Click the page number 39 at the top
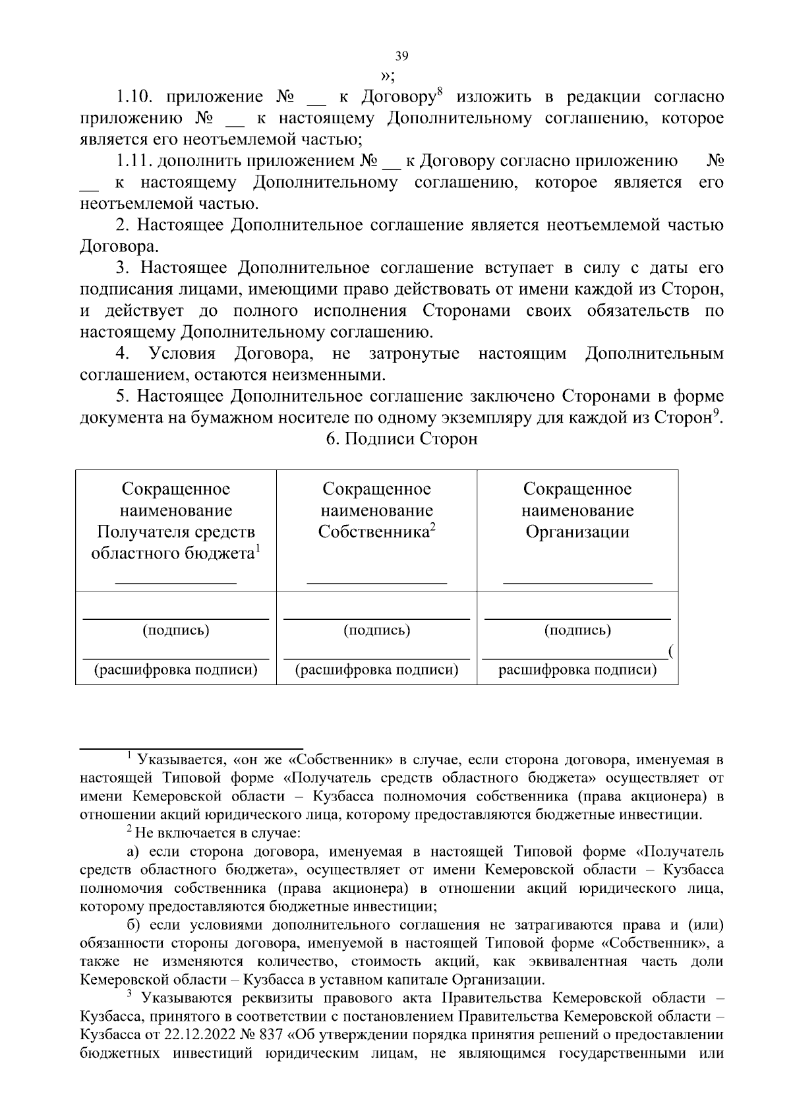(x=401, y=55)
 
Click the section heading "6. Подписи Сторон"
(x=401, y=439)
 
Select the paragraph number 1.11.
(x=134, y=162)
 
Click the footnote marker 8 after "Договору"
(x=440, y=93)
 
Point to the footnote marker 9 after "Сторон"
(x=716, y=413)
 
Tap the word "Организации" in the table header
(x=577, y=532)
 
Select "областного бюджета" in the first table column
(x=173, y=553)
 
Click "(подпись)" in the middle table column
(x=377, y=630)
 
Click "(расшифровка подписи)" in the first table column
(x=176, y=671)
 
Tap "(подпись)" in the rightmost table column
(x=577, y=630)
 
